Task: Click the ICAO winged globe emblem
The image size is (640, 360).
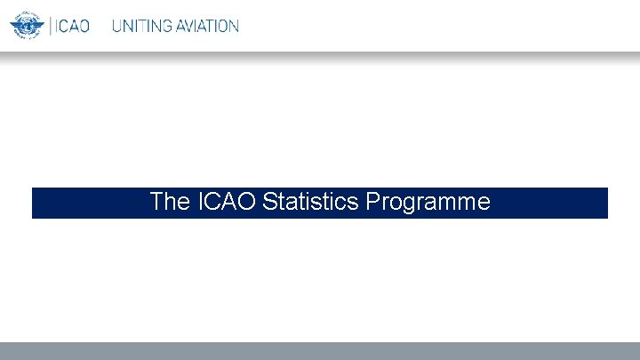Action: (x=27, y=26)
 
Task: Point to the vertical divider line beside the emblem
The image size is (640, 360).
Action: (x=51, y=26)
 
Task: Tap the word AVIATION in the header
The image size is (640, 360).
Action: (x=206, y=26)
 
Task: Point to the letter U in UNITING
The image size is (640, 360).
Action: (x=116, y=26)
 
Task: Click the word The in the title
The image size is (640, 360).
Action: (x=164, y=202)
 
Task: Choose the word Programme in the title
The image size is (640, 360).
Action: (x=428, y=202)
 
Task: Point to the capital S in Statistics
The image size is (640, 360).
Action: (x=269, y=202)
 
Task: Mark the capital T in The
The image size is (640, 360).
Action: (x=156, y=202)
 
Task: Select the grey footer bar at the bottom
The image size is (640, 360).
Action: (x=320, y=351)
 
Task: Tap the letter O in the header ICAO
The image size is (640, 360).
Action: (x=84, y=26)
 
